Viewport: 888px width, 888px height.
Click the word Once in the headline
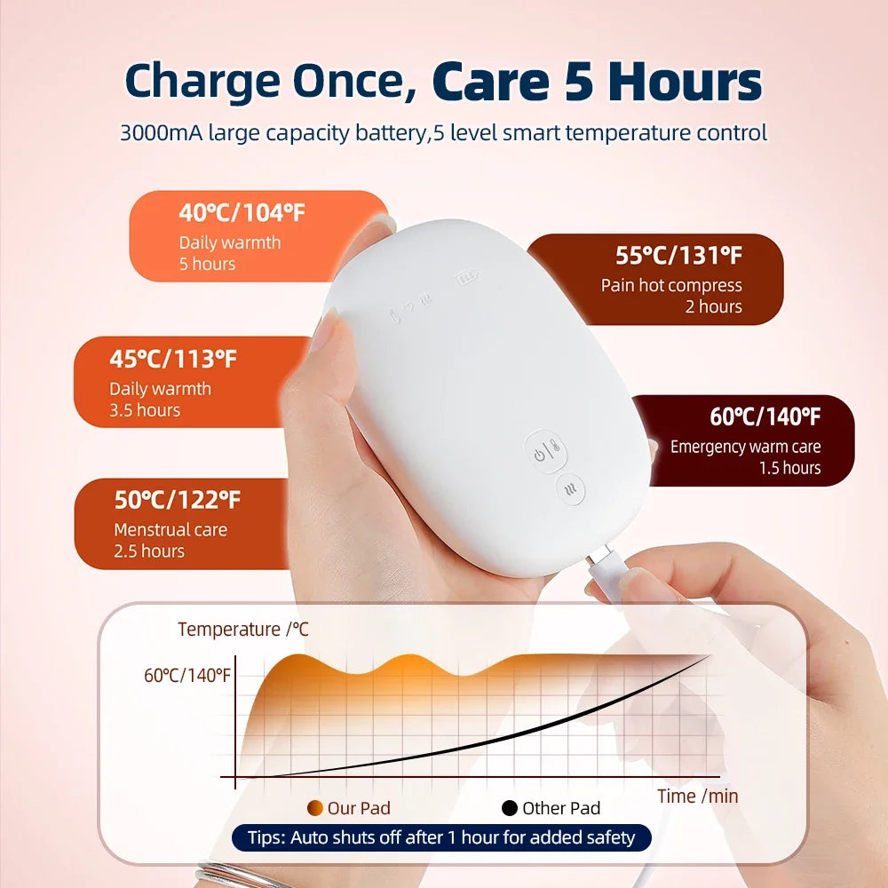coord(354,81)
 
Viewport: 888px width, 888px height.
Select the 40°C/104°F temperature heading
coord(242,213)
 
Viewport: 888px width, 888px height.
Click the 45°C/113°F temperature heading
coord(173,359)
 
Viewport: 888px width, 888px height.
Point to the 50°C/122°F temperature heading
coord(178,500)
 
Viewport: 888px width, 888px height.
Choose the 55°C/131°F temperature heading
coord(678,256)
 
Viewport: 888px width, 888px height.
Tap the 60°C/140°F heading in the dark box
coord(765,416)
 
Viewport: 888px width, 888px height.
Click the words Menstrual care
coord(170,529)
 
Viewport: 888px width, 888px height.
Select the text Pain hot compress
coord(671,285)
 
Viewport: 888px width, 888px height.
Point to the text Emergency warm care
coord(745,447)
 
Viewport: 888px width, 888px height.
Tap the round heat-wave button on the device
coord(570,490)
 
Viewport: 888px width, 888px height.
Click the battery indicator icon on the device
coord(466,277)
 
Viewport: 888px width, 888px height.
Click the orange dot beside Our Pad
coord(315,808)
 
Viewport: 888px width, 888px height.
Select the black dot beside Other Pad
coord(510,808)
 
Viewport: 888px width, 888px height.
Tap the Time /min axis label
coord(698,797)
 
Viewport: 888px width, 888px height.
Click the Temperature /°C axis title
coord(243,630)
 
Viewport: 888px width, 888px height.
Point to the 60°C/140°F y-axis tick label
coord(186,676)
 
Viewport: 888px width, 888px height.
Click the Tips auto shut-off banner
coord(441,837)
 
